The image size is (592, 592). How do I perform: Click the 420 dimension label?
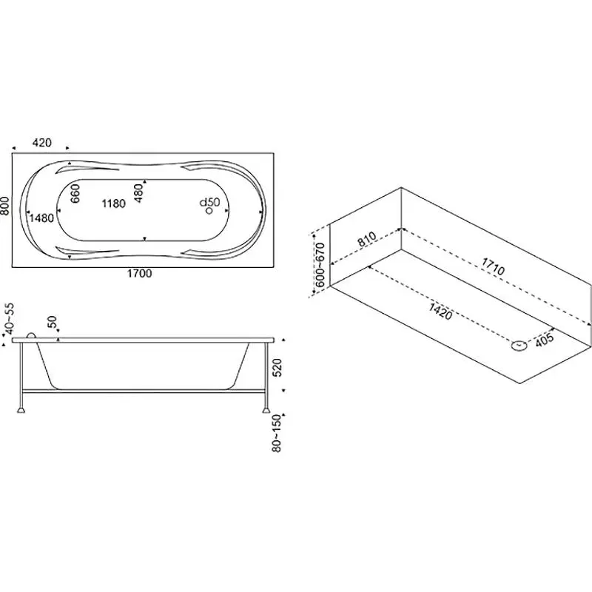(x=41, y=143)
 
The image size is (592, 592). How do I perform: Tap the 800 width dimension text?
(x=5, y=206)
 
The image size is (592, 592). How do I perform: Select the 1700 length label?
(x=139, y=273)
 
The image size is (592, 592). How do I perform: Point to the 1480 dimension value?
(x=41, y=218)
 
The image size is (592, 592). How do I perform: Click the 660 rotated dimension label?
(x=75, y=193)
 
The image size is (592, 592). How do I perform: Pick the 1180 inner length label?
(x=114, y=204)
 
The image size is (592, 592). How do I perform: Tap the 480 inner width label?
(x=139, y=193)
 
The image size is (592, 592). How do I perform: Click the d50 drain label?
(x=209, y=202)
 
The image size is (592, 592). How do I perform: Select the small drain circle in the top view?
(x=209, y=211)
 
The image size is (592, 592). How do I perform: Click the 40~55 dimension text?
(x=9, y=319)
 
